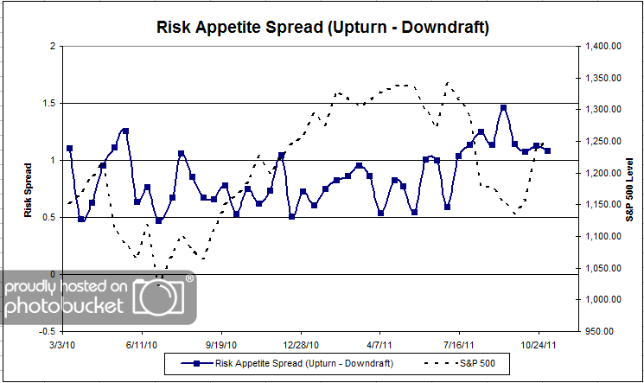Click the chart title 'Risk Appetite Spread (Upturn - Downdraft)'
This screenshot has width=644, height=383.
[322, 28]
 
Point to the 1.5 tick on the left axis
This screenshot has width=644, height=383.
[50, 103]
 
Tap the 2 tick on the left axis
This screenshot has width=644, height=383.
[54, 46]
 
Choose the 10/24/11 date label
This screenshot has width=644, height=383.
[539, 342]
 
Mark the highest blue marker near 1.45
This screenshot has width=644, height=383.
[503, 108]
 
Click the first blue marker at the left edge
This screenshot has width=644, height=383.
[69, 148]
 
